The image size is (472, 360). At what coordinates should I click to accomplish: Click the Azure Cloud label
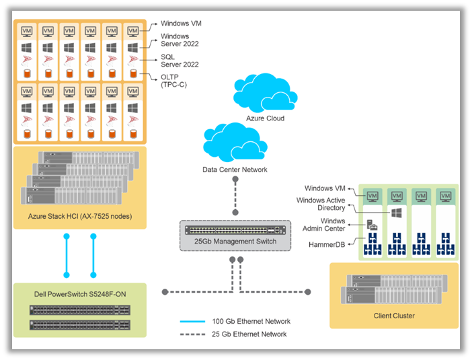(265, 118)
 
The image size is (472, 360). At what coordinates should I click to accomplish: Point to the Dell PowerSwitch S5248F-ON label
(79, 294)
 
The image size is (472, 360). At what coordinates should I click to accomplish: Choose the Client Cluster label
(393, 316)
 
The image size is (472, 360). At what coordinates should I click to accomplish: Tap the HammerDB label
(326, 244)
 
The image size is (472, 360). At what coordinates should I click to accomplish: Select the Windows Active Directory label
(322, 205)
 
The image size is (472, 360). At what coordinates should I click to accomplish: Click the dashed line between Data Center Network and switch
(235, 199)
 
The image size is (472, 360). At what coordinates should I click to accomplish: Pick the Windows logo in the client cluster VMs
(395, 213)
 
